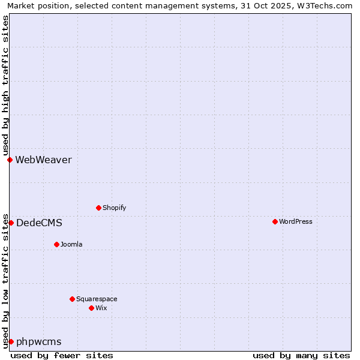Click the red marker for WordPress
275,221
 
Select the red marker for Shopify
98,208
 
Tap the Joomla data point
56,244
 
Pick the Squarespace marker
72,299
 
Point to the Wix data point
91,308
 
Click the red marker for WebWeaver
10,160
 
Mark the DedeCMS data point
11,223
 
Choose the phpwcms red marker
11,341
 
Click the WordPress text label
296,221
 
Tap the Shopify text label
114,208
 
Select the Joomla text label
71,244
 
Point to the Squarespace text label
97,299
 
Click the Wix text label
101,308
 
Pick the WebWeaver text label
43,160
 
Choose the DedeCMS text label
39,223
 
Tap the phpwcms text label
38,341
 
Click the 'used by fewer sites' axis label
62,355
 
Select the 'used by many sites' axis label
301,355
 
